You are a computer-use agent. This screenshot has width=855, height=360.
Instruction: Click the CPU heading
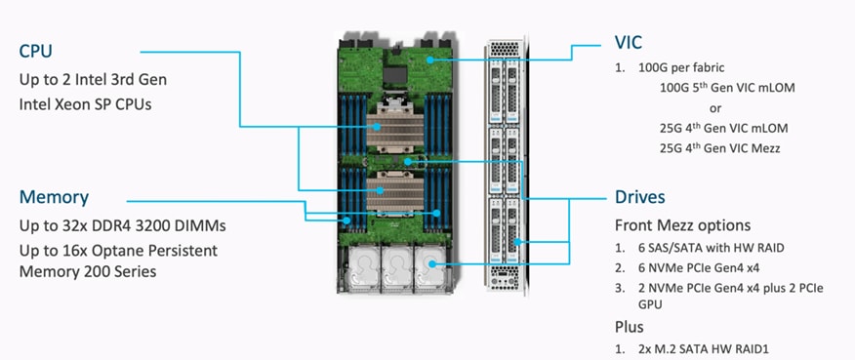(36, 50)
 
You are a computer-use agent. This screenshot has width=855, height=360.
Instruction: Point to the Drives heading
(640, 197)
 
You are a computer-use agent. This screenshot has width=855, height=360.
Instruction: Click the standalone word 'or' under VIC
(715, 107)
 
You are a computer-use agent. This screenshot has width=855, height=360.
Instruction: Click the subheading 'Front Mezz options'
(682, 225)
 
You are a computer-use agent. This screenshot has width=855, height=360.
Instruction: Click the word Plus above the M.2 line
(630, 327)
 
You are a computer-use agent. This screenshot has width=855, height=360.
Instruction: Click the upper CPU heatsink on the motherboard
(393, 127)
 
